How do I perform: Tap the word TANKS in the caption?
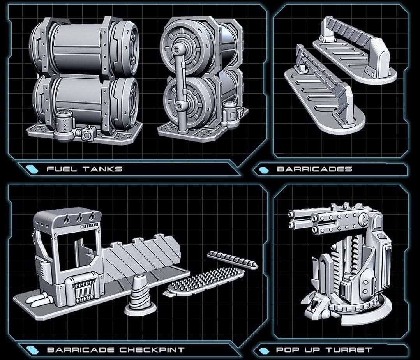pos(102,169)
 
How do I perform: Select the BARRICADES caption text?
pos(314,169)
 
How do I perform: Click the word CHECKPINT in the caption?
pos(152,350)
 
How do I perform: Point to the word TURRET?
pos(349,350)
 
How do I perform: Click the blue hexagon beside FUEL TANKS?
pos(32,169)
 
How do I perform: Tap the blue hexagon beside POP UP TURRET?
pos(264,350)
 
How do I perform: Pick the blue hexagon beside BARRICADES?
pos(264,170)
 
